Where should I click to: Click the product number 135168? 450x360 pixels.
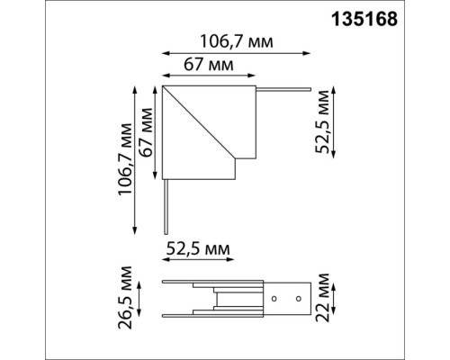point(397,17)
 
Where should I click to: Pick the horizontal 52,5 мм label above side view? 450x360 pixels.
point(197,247)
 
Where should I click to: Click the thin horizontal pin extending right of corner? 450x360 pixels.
point(284,89)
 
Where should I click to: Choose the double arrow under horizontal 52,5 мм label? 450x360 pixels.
point(198,261)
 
